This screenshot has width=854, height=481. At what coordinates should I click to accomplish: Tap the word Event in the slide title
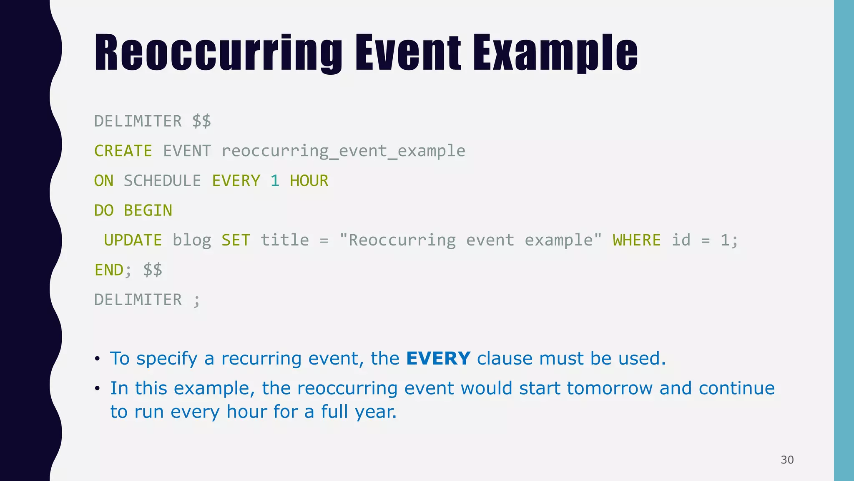408,53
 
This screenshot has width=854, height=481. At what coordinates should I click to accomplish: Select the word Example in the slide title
555,53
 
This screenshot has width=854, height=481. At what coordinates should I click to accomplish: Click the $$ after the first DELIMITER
201,122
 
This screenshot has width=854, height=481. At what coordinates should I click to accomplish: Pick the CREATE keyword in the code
123,151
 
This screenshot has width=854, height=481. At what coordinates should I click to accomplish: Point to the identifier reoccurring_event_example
343,151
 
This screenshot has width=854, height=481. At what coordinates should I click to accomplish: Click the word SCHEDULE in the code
162,181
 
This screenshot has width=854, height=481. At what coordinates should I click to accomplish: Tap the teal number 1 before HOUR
274,181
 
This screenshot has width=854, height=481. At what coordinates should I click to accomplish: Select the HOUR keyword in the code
309,181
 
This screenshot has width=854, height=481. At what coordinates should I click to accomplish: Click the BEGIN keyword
148,210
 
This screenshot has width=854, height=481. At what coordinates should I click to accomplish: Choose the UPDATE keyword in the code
133,240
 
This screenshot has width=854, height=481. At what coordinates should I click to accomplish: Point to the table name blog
192,240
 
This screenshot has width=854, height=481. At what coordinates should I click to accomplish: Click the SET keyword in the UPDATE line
236,240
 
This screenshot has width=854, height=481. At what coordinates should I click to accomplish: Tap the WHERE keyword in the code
637,240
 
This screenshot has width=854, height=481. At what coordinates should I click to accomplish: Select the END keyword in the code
109,270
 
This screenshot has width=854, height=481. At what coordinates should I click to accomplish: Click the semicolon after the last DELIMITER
197,301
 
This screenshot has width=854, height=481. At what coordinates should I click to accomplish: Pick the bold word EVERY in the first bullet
438,359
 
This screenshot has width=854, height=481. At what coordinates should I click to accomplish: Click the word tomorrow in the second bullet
610,388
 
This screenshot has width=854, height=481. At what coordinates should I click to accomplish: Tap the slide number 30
787,460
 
